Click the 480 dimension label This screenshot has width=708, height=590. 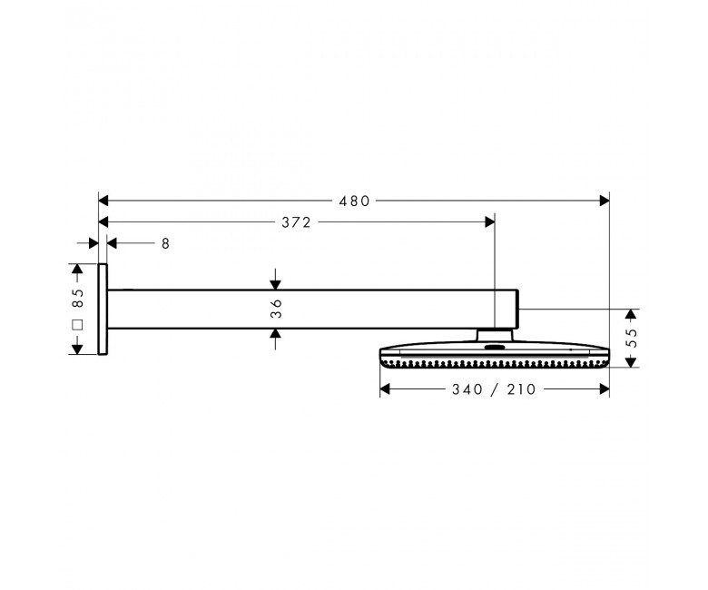pos(354,201)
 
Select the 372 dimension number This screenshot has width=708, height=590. pos(297,222)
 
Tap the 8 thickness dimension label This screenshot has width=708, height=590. pos(165,243)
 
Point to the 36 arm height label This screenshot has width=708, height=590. pos(276,309)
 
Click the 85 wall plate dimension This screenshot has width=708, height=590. pos(78,298)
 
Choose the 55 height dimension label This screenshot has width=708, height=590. pos(632,338)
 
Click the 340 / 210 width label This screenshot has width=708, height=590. pos(494,389)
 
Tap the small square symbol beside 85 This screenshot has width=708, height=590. pos(78,325)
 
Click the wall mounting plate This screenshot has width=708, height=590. pos(103,310)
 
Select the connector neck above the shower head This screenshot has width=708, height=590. pos(495,336)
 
